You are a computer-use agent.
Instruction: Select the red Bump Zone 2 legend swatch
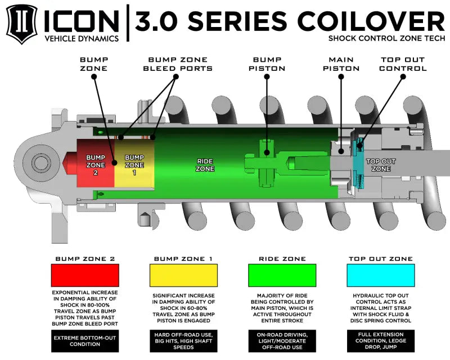coord(85,276)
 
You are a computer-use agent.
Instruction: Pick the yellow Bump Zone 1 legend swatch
coord(183,276)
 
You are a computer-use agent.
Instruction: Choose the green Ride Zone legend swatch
coord(282,276)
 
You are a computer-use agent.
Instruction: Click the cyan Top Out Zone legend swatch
coord(381,276)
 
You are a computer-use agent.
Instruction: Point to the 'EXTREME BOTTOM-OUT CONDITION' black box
coord(85,340)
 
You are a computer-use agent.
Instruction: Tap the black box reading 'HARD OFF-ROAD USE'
coord(183,340)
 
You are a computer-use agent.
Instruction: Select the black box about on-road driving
coord(282,340)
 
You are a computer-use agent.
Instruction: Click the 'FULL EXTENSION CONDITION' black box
coord(381,340)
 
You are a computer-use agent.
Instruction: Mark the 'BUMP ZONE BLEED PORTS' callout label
coord(180,64)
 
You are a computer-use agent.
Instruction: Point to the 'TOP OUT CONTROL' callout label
coord(403,64)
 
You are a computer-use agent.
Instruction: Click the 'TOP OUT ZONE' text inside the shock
coord(381,165)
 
